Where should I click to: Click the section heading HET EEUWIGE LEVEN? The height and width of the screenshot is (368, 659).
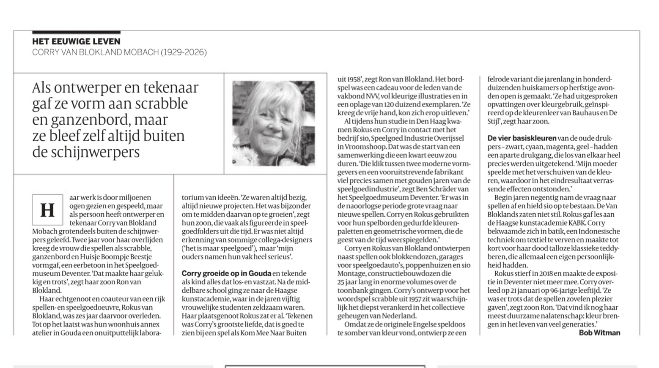76,41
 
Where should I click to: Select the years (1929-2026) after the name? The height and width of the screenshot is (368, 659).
184,52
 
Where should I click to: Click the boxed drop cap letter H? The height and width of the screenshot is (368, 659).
47,210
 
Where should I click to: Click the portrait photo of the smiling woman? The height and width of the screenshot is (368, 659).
273,123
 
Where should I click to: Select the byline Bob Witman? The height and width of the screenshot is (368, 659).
599,333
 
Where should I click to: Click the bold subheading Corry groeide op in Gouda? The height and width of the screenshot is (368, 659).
226,273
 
